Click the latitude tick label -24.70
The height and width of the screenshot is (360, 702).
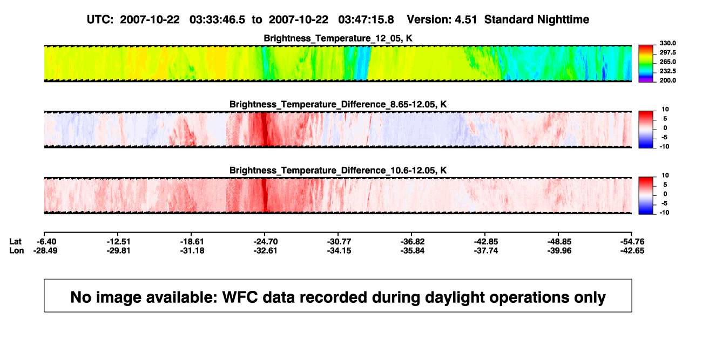[266, 242]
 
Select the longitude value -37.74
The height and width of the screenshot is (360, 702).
[486, 250]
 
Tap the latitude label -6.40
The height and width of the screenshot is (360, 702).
[46, 242]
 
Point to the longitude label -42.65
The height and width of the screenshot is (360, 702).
[632, 250]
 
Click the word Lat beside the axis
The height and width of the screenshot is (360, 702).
[15, 242]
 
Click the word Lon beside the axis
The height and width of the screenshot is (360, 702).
[17, 250]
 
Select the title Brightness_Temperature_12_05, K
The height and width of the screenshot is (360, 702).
[338, 38]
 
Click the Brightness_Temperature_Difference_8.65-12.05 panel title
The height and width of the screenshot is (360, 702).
[338, 104]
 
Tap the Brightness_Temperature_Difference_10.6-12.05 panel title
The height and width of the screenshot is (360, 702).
[338, 171]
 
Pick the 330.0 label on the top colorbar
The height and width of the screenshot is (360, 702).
[667, 43]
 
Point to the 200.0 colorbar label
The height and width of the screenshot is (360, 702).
[667, 80]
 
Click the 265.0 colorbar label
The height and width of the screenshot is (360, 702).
[667, 62]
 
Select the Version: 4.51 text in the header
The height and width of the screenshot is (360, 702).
[442, 20]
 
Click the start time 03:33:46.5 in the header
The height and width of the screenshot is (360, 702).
[217, 20]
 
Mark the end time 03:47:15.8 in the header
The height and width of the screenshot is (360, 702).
[366, 20]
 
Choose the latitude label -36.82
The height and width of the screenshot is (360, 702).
[413, 242]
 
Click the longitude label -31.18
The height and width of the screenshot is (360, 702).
[192, 250]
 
